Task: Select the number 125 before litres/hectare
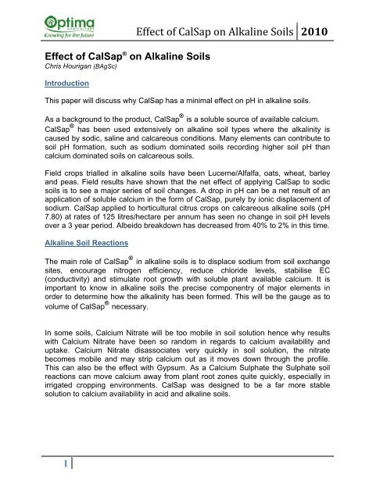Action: coord(104,250)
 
